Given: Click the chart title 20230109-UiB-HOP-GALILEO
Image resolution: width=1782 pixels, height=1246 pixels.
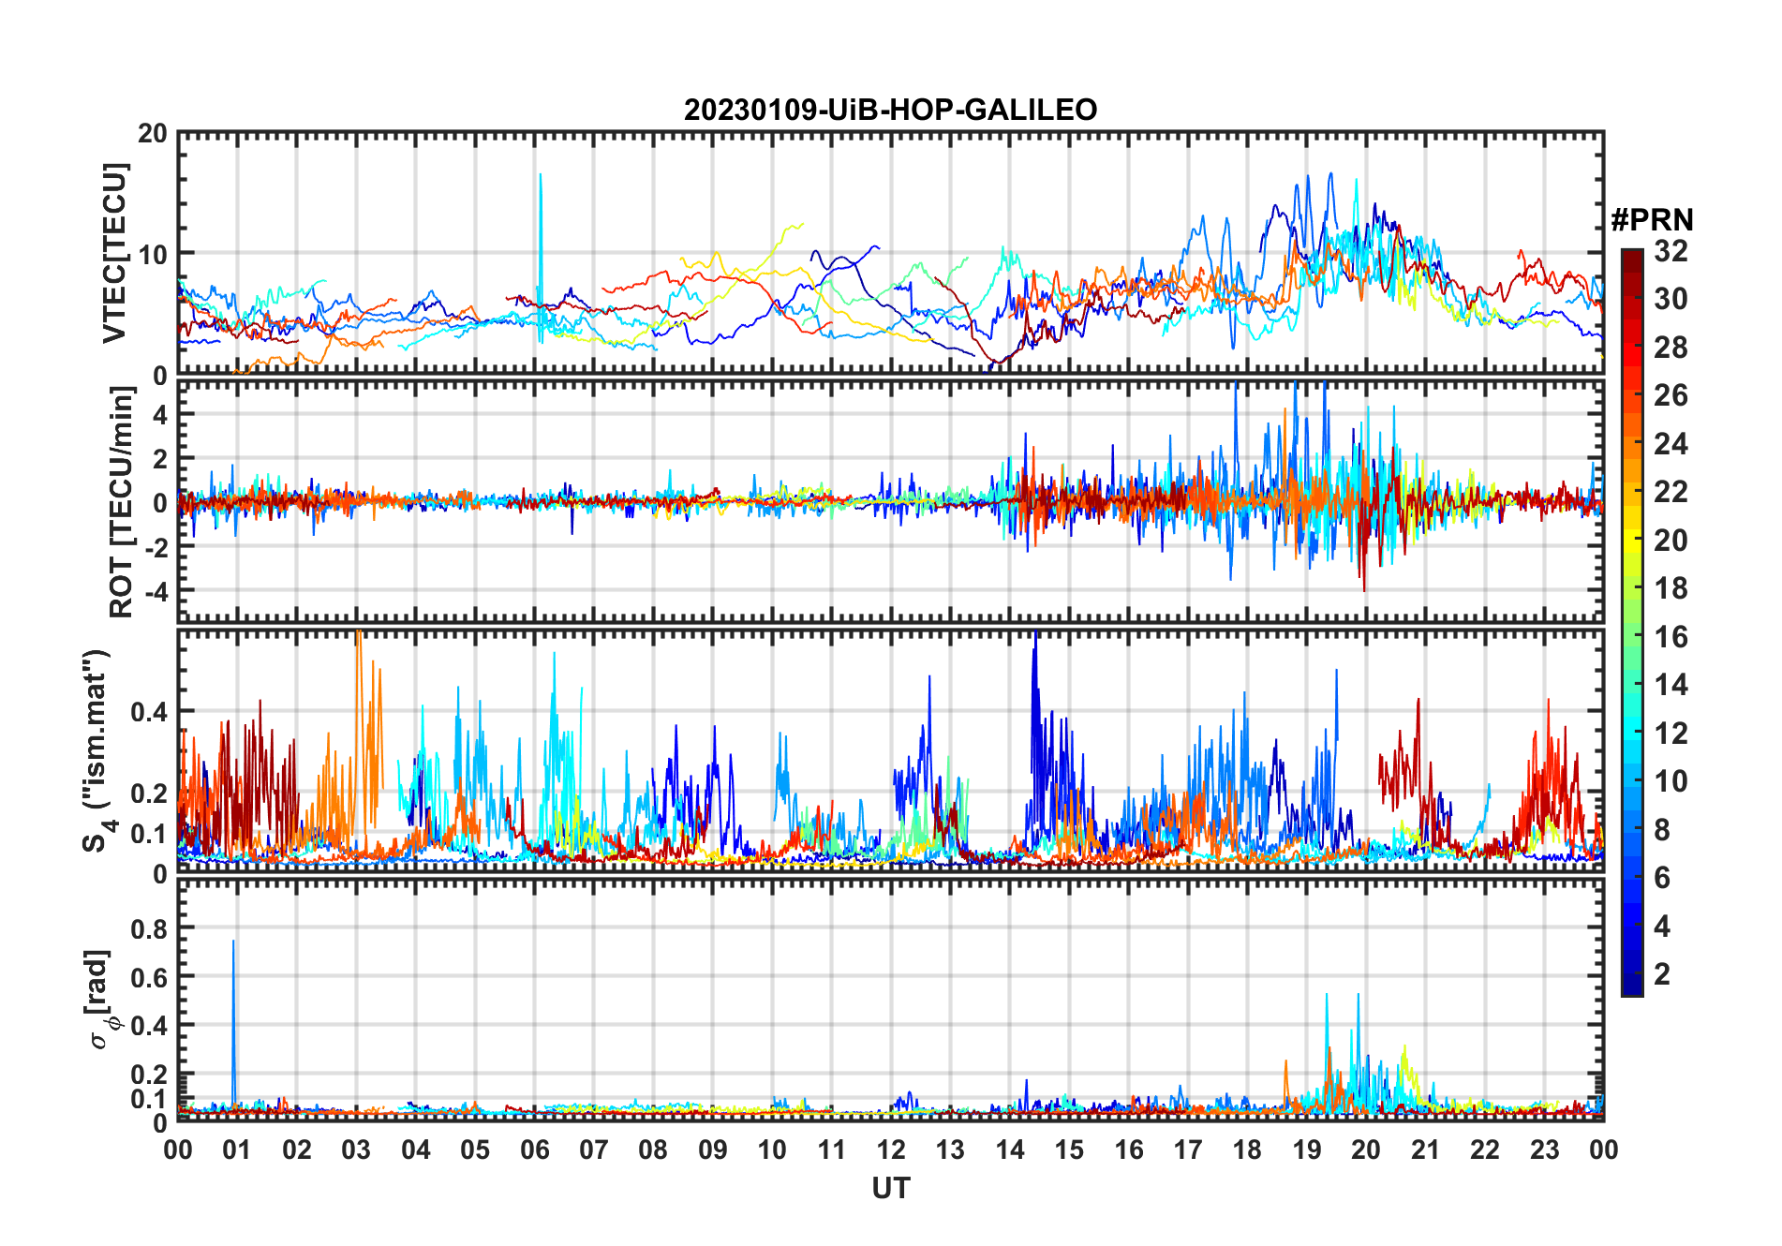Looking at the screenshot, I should pyautogui.click(x=890, y=111).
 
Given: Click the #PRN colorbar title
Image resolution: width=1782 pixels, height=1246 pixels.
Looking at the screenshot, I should pyautogui.click(x=1652, y=220).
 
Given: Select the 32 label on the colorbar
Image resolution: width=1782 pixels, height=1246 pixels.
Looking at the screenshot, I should pyautogui.click(x=1671, y=251).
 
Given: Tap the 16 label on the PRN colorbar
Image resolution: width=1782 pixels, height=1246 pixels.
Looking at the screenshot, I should pyautogui.click(x=1671, y=637).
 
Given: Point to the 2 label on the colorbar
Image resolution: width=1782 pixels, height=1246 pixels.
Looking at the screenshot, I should pyautogui.click(x=1662, y=974).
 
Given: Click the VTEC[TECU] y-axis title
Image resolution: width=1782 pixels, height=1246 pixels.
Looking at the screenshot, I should pyautogui.click(x=114, y=253).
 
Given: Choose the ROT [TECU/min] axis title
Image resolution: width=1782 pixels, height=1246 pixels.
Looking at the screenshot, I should pyautogui.click(x=121, y=502).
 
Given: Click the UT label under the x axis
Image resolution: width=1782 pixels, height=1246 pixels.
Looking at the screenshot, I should pyautogui.click(x=890, y=1189).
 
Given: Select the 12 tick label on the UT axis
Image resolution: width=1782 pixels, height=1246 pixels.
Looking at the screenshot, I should pyautogui.click(x=891, y=1150).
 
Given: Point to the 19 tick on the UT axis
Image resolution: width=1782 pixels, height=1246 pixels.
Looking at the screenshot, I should pyautogui.click(x=1307, y=1150).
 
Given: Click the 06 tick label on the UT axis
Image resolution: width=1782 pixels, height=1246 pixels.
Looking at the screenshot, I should pyautogui.click(x=535, y=1150).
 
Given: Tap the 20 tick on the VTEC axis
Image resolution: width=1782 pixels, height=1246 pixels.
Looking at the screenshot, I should pyautogui.click(x=153, y=134).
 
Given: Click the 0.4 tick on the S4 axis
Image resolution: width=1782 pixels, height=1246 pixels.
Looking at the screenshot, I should pyautogui.click(x=149, y=712).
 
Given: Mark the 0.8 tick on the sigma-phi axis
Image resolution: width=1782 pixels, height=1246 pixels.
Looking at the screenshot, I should pyautogui.click(x=149, y=928).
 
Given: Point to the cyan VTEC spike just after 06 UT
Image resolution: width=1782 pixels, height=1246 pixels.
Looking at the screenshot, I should pyautogui.click(x=541, y=178).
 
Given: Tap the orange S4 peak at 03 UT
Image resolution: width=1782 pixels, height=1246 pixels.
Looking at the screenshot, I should pyautogui.click(x=359, y=637).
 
